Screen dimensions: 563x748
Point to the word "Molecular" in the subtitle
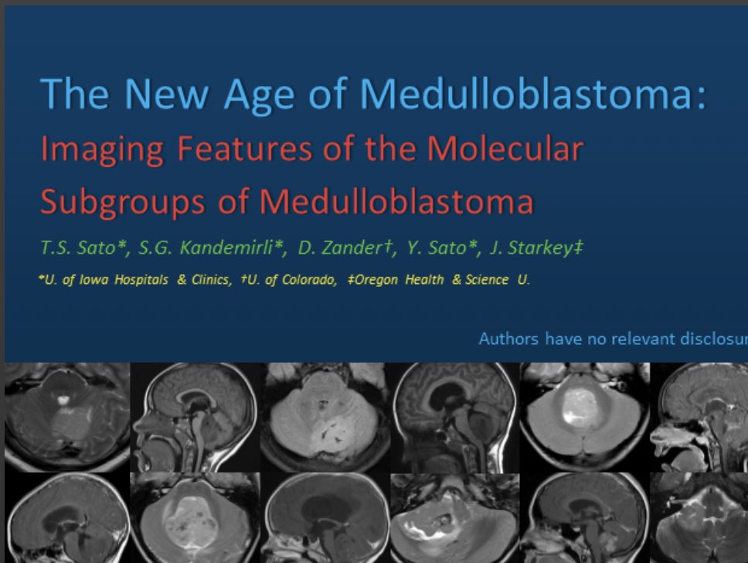[505, 148]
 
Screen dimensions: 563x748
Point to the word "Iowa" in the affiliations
[98, 280]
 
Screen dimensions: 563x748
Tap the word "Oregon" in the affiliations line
[374, 280]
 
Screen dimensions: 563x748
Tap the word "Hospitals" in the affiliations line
[144, 280]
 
